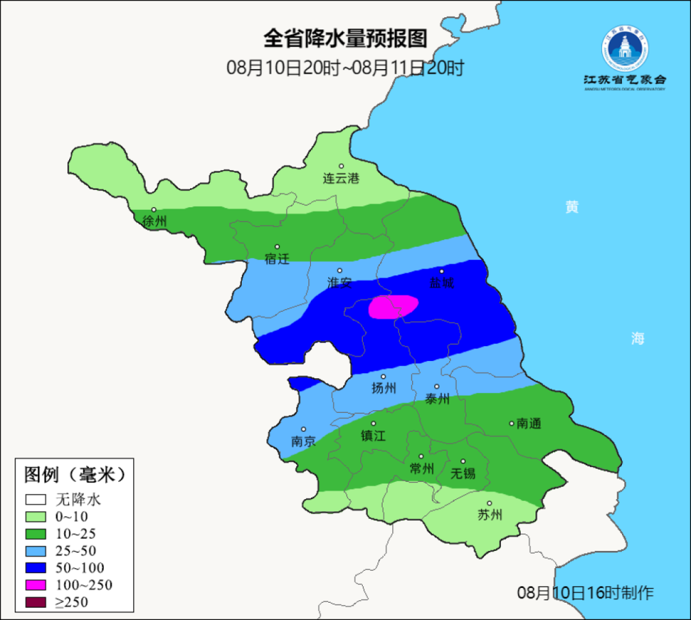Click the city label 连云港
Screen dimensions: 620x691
[x=341, y=179]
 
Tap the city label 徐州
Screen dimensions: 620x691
[x=154, y=222]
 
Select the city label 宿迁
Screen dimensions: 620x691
[x=277, y=259]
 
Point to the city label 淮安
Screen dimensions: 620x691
[x=339, y=283]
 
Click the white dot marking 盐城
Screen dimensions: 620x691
[x=441, y=271]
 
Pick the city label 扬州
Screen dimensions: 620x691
[x=384, y=388]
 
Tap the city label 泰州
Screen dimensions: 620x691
[x=437, y=399]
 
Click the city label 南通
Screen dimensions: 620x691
[x=528, y=424]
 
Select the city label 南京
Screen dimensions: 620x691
[x=303, y=441]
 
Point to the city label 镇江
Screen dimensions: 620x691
[x=374, y=436]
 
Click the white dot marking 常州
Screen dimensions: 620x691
[x=421, y=457]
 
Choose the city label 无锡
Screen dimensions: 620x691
[x=463, y=473]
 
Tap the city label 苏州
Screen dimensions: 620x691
[x=490, y=515]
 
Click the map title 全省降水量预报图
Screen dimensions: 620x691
[x=345, y=39]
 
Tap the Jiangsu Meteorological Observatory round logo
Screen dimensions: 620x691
[x=624, y=49]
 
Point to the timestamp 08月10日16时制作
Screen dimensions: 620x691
[x=585, y=593]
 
